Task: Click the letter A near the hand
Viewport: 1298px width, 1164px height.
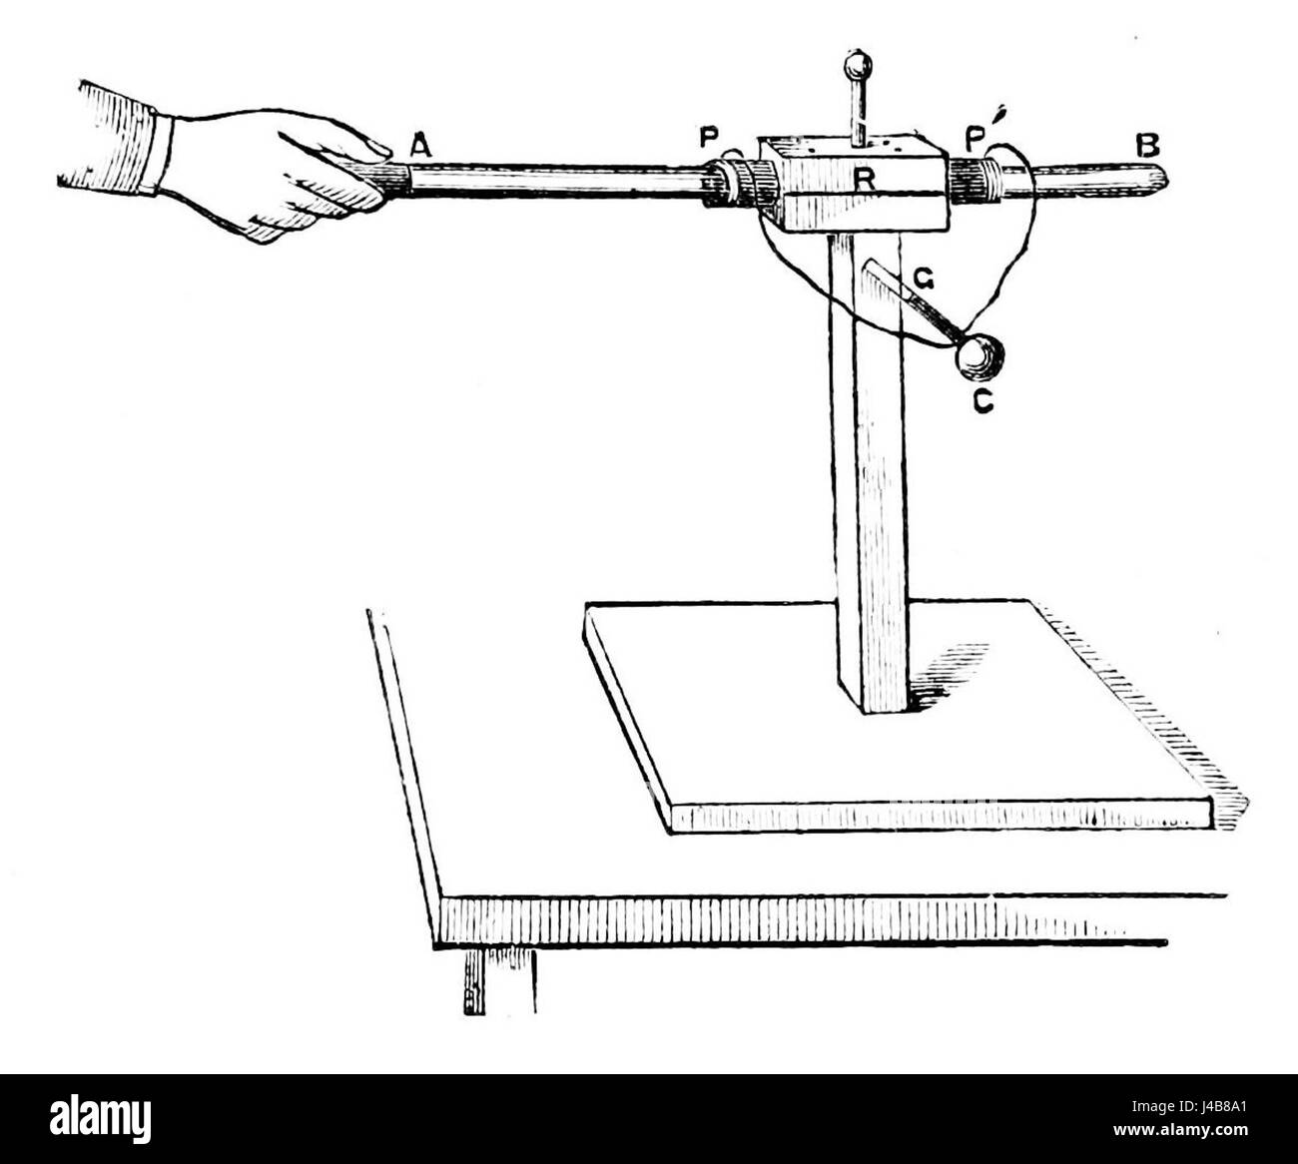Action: click(420, 146)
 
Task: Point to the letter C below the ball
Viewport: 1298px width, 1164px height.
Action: click(982, 404)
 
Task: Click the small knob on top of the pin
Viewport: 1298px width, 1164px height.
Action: click(856, 67)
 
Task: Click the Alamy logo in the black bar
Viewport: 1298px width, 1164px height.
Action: click(99, 1117)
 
